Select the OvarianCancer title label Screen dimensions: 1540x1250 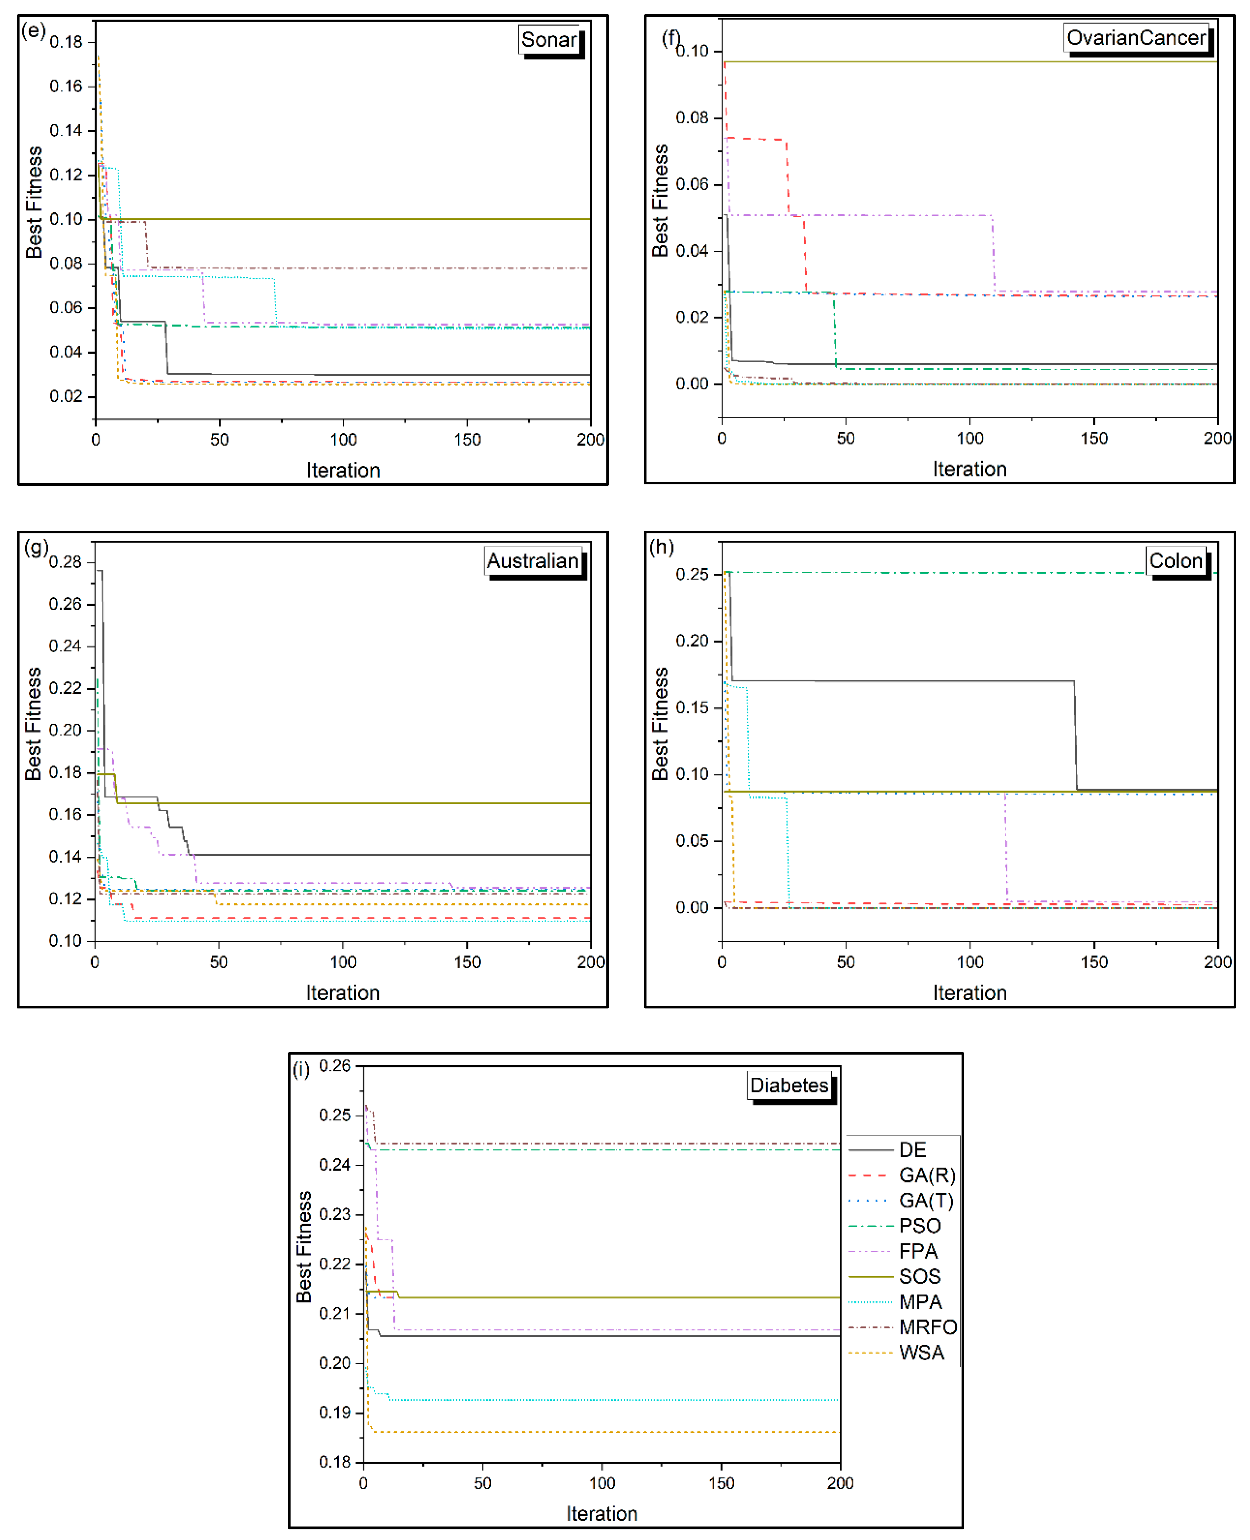point(1136,38)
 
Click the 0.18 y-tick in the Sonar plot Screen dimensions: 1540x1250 point(66,42)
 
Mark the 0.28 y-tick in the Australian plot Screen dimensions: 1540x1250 point(65,562)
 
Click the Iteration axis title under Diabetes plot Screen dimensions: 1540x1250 point(602,1513)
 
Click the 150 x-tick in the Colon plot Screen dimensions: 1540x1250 point(1094,962)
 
